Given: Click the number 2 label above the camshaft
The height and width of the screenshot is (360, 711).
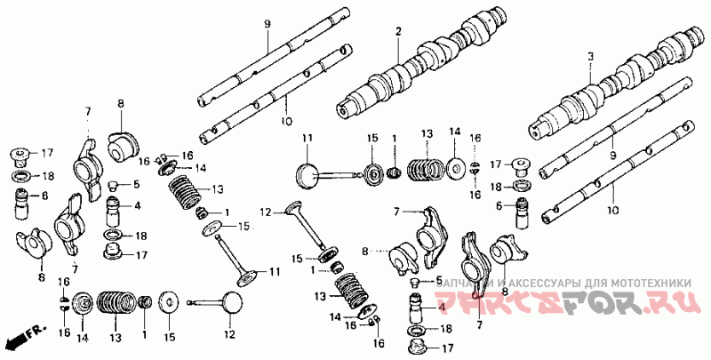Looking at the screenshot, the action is (x=399, y=33).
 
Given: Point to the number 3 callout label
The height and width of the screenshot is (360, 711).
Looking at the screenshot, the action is (x=589, y=56).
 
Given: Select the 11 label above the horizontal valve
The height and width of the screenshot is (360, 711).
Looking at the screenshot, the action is (x=308, y=138).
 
